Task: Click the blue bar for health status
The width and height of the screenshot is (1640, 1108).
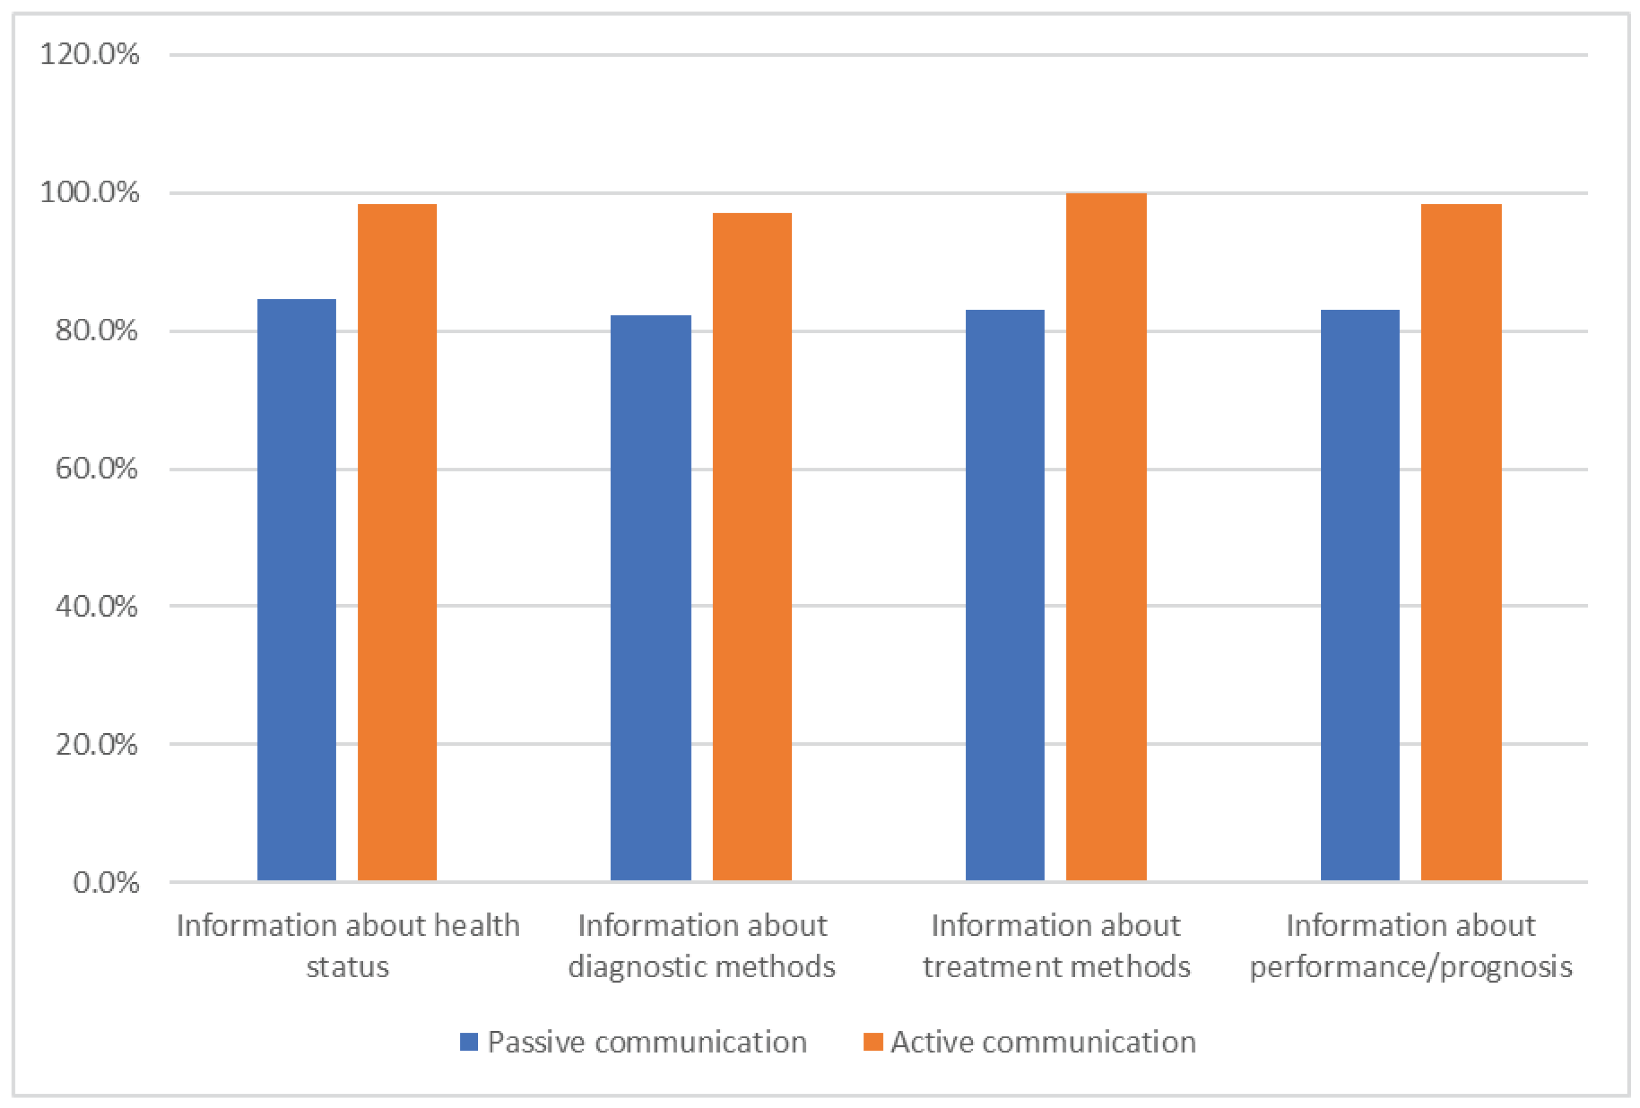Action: click(x=296, y=589)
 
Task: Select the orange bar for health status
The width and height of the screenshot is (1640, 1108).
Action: click(x=397, y=542)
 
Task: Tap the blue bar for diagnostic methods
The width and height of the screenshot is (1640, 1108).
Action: click(x=650, y=597)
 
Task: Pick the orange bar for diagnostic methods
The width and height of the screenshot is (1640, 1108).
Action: click(x=752, y=546)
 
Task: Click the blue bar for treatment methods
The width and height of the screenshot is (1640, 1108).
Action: click(x=1004, y=594)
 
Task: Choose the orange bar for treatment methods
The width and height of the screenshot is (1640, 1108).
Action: click(x=1106, y=536)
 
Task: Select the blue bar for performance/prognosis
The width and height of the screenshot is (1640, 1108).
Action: click(x=1359, y=594)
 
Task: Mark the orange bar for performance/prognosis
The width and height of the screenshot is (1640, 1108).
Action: click(x=1461, y=542)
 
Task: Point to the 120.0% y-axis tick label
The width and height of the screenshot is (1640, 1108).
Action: click(x=90, y=54)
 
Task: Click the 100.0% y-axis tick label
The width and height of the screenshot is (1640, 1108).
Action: click(x=90, y=193)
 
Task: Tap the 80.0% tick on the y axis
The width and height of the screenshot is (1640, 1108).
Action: click(x=97, y=330)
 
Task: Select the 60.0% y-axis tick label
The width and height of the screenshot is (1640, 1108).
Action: click(x=97, y=469)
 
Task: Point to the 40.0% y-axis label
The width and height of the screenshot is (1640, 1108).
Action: click(x=97, y=606)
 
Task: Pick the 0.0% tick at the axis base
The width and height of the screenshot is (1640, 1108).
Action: click(x=106, y=882)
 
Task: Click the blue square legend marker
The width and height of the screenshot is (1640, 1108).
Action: click(x=469, y=1041)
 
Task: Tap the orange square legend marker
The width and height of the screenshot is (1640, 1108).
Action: click(x=873, y=1041)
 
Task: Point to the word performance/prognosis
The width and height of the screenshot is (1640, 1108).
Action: click(x=1411, y=967)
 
